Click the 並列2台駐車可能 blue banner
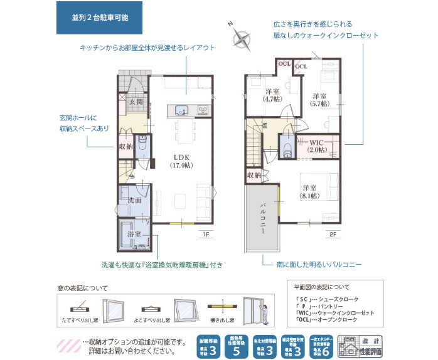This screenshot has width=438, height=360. pyautogui.click(x=100, y=18)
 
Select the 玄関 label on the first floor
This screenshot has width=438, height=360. pyautogui.click(x=136, y=101)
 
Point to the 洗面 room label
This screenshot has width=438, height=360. pyautogui.click(x=134, y=199)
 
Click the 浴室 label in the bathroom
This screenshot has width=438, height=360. pyautogui.click(x=134, y=234)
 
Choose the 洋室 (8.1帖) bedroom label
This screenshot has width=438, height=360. pyautogui.click(x=310, y=191)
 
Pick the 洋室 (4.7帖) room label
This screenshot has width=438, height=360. pyautogui.click(x=272, y=95)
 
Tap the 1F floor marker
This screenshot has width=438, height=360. pyautogui.click(x=205, y=234)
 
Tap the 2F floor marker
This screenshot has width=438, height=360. pyautogui.click(x=333, y=234)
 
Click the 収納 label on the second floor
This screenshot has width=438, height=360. pyautogui.click(x=253, y=176)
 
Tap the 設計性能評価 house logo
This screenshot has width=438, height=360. pyautogui.click(x=360, y=344)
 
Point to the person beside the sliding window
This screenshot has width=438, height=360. pyautogui.click(x=265, y=312)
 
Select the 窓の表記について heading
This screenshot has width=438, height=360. pyautogui.click(x=82, y=289)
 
